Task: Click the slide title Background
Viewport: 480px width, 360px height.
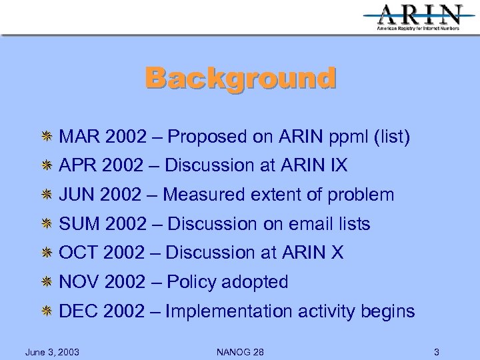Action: [241, 78]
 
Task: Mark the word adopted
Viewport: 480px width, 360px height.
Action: [257, 282]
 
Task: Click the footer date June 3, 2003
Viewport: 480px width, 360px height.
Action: [52, 351]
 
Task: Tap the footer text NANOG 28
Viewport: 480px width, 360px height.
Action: [240, 351]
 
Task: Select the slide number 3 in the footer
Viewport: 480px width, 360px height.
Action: [436, 351]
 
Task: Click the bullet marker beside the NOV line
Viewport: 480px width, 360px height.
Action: [47, 283]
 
